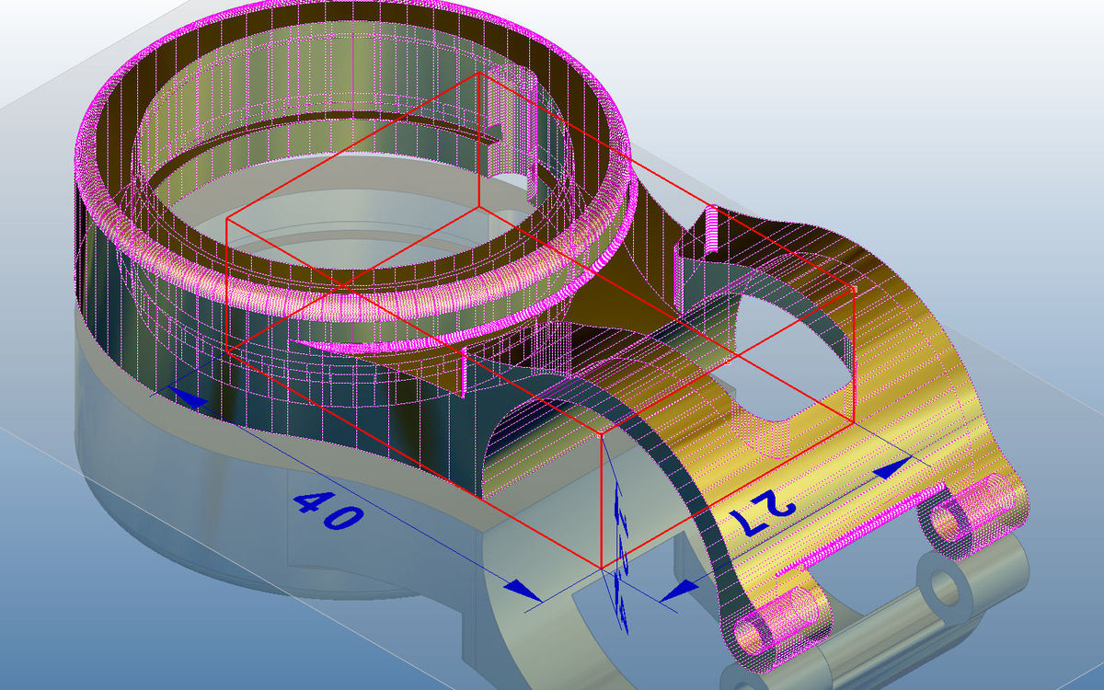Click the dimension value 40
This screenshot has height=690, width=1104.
pyautogui.click(x=327, y=510)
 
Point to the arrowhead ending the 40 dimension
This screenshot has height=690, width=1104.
pyautogui.click(x=523, y=588)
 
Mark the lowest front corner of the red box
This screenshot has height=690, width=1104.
pyautogui.click(x=601, y=569)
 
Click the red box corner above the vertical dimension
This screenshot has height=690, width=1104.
pyautogui.click(x=601, y=432)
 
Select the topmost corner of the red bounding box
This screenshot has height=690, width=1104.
pyautogui.click(x=480, y=74)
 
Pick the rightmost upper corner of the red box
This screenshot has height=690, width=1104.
pyautogui.click(x=855, y=290)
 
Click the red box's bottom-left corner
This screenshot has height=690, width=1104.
pyautogui.click(x=227, y=352)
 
